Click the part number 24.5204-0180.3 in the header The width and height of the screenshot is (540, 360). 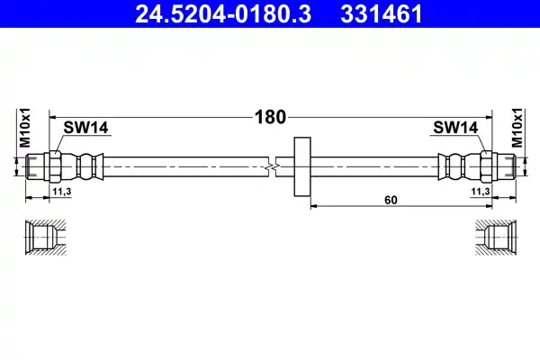223,14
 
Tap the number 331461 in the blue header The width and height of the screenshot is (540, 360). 382,14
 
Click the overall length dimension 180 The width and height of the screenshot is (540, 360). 270,117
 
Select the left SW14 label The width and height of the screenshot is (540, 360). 85,128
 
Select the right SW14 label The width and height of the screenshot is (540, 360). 455,128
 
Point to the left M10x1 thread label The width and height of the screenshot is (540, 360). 25,128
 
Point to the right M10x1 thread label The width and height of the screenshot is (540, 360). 517,128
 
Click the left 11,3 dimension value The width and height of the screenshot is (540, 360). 61,191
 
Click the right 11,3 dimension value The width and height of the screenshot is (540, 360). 481,191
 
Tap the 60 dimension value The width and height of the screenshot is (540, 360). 391,200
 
